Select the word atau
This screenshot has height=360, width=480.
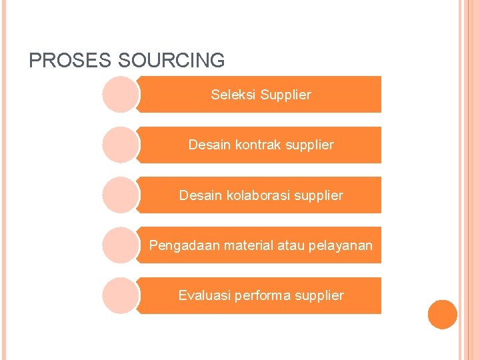pyautogui.click(x=291, y=246)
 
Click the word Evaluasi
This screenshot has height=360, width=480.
pyautogui.click(x=204, y=295)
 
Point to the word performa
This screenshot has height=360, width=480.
pyautogui.click(x=262, y=295)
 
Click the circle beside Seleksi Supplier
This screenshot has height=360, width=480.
pyautogui.click(x=121, y=95)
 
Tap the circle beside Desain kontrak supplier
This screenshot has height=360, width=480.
pyautogui.click(x=121, y=145)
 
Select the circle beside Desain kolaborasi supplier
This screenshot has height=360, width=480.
pyautogui.click(x=121, y=195)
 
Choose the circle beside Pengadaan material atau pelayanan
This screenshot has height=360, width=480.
pyautogui.click(x=121, y=245)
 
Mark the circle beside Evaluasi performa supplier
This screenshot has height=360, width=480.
pyautogui.click(x=121, y=295)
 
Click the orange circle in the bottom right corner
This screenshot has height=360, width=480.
pyautogui.click(x=443, y=314)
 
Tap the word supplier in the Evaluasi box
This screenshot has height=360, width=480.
pyautogui.click(x=319, y=295)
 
